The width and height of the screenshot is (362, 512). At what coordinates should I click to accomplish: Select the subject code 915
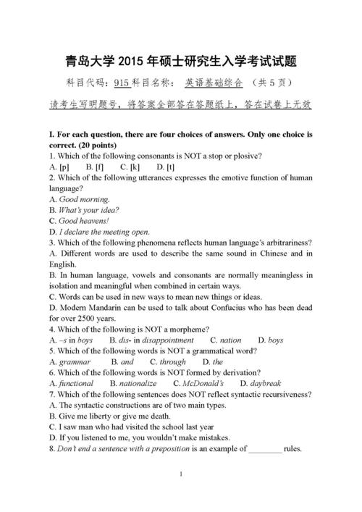(x=121, y=83)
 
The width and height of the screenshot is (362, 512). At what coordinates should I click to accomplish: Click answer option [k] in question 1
(x=135, y=167)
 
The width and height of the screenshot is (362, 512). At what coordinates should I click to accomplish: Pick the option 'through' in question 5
(x=173, y=361)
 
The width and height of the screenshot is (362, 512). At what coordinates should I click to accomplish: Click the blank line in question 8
(x=264, y=448)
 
